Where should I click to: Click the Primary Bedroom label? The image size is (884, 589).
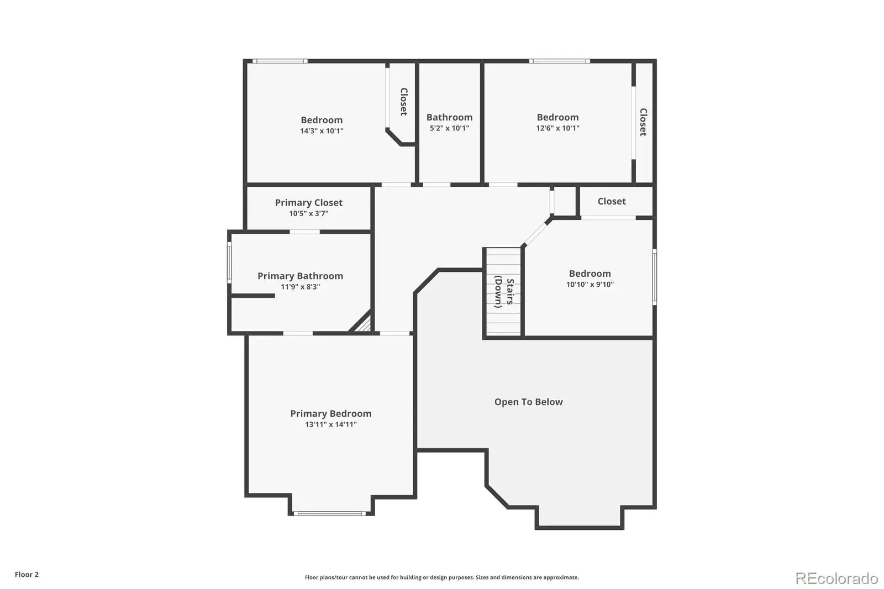click(331, 413)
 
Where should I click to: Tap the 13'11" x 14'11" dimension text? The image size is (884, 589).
click(331, 424)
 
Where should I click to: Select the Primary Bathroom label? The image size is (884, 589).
click(301, 276)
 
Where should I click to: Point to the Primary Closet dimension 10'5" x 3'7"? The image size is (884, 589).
click(309, 214)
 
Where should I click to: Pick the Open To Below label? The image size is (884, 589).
click(528, 402)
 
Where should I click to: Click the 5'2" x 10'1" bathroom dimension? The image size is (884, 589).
click(450, 128)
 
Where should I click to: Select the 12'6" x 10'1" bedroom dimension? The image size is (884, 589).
click(557, 128)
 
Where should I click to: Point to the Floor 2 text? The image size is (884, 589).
click(27, 575)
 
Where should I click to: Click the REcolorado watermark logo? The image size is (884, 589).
click(836, 579)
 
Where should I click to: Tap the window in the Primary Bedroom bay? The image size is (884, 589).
click(329, 514)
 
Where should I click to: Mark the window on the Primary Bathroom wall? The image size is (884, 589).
click(229, 262)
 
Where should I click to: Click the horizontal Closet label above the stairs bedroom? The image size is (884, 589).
click(612, 201)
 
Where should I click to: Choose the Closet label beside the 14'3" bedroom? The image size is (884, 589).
click(404, 102)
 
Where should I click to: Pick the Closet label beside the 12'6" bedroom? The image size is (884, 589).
click(643, 122)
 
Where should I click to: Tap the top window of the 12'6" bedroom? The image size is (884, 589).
click(560, 61)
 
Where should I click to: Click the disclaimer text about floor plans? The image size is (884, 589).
click(441, 577)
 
